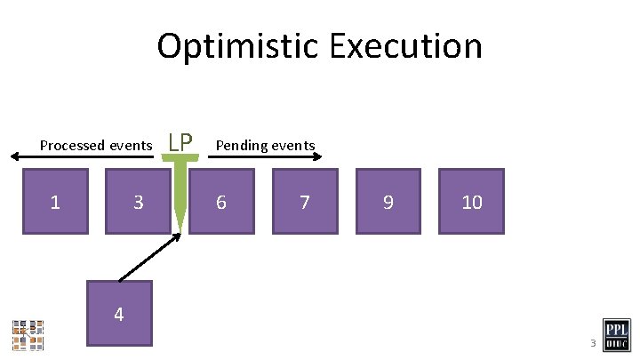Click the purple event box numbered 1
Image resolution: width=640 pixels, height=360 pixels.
point(55,201)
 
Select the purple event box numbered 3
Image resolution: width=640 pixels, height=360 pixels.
point(138,201)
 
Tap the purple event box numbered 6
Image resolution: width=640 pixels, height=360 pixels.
point(221,201)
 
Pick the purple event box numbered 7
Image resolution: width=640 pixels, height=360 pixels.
point(305,201)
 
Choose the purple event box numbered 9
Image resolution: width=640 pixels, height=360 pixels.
point(388,201)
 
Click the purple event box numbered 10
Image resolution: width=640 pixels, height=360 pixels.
point(471,201)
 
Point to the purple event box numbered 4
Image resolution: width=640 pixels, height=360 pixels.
point(119,313)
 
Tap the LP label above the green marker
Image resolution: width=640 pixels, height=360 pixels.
point(180,141)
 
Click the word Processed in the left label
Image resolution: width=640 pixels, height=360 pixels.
point(72,145)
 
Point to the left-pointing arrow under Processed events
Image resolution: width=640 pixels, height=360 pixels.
point(80,157)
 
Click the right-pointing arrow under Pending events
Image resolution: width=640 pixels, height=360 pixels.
point(267,157)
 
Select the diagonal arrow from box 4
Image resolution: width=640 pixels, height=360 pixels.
point(149,257)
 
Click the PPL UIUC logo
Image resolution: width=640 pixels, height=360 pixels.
point(617,334)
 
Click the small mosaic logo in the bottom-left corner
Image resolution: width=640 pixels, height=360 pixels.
point(28,333)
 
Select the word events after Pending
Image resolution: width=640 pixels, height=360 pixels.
point(293,145)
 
